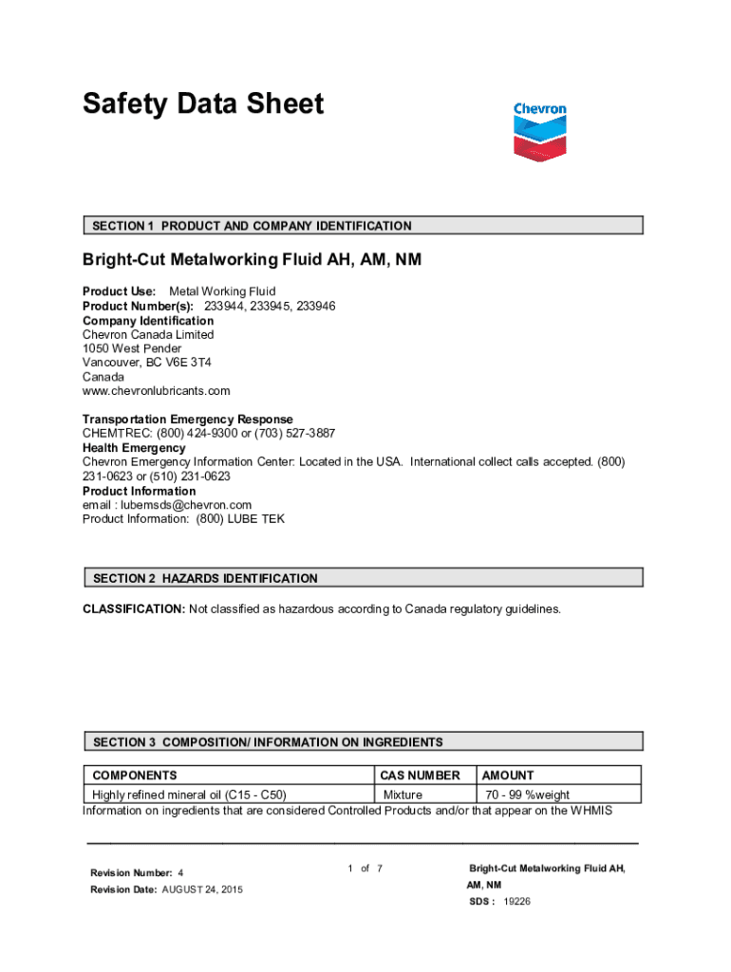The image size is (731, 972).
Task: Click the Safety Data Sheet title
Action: (203, 103)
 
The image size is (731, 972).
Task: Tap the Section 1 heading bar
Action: (363, 226)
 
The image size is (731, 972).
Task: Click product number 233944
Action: (222, 307)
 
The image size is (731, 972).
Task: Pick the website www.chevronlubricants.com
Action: (157, 391)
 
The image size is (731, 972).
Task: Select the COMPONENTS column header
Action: (134, 776)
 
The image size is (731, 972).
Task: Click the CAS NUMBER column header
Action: (420, 776)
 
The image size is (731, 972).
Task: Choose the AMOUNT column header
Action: (509, 776)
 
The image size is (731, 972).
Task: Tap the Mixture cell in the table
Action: (403, 794)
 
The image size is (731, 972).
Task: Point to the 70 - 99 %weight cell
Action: (528, 794)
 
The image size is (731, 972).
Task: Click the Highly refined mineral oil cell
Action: (189, 794)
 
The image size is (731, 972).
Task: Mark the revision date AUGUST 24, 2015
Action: (202, 889)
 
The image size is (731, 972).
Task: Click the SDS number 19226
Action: (517, 902)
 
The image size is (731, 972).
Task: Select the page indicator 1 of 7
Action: (365, 869)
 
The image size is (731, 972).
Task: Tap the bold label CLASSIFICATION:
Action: (134, 609)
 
